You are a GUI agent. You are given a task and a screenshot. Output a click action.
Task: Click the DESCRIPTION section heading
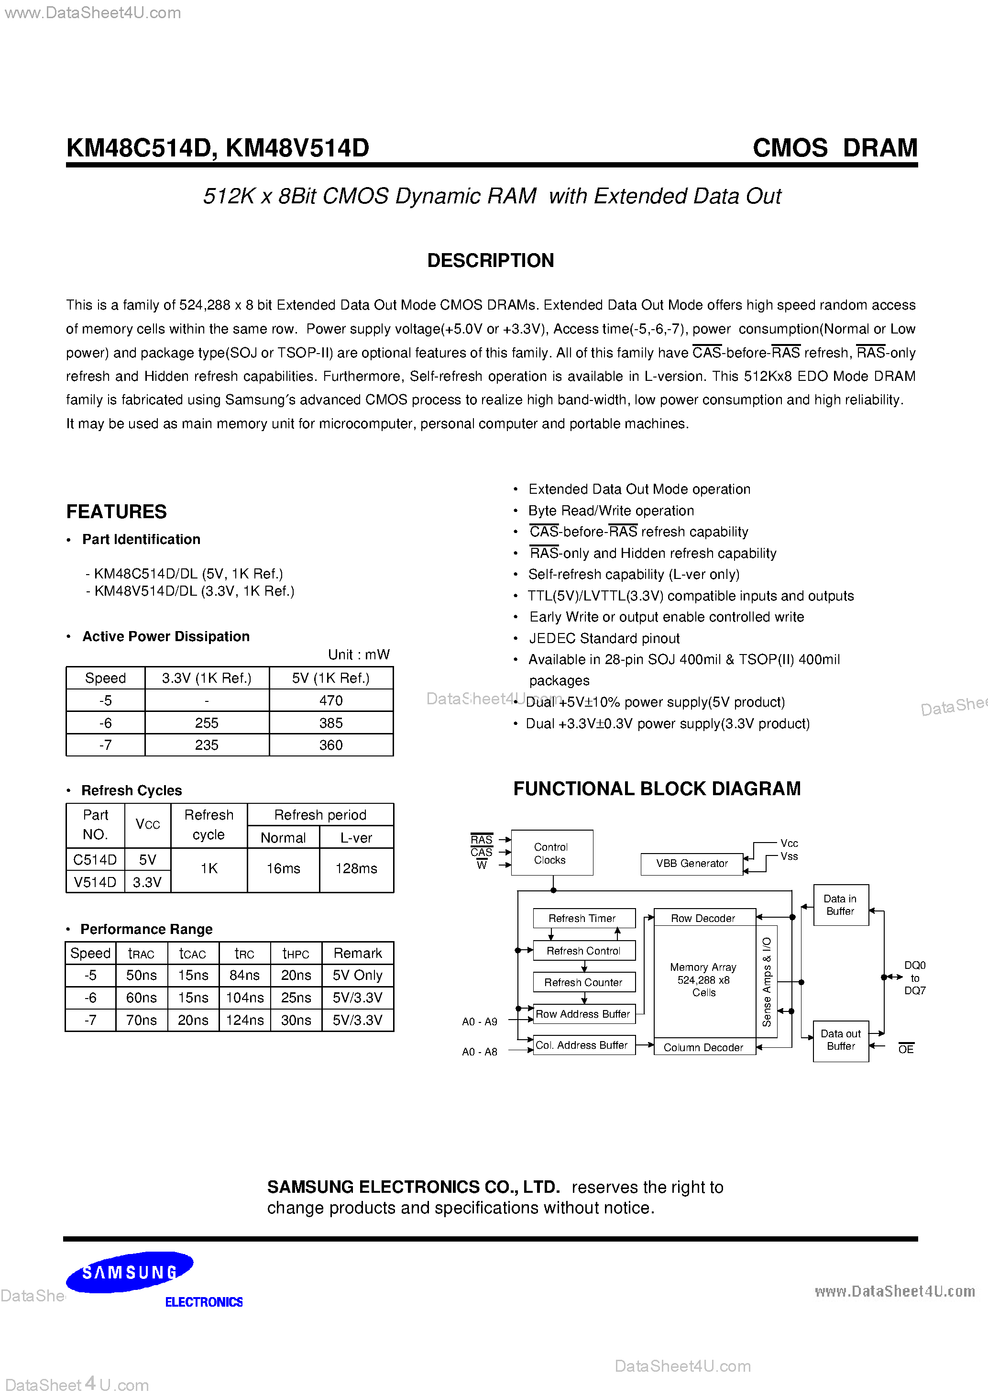pos(490,261)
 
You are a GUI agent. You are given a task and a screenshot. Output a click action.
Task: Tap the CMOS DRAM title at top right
pos(834,148)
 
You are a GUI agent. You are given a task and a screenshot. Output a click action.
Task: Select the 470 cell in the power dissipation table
pos(331,701)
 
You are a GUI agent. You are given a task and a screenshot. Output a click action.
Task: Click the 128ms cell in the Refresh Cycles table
pos(356,868)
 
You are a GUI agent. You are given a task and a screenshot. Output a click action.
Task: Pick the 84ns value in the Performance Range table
pos(244,976)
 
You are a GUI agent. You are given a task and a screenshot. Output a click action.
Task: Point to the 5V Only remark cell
pos(358,976)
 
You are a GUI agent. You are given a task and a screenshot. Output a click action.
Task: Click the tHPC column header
pos(296,954)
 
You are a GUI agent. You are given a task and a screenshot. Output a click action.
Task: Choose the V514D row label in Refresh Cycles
pos(95,882)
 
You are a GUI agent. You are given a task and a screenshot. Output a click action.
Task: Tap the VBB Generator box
pos(692,864)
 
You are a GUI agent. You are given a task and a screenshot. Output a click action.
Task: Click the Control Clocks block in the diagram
pos(551,853)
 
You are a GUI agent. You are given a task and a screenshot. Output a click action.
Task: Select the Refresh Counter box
pos(583,982)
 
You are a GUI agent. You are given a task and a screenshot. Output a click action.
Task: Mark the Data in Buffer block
pos(841,905)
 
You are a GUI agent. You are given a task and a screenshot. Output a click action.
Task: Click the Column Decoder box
pos(703,1047)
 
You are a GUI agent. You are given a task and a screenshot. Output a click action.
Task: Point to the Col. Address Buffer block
pos(583,1045)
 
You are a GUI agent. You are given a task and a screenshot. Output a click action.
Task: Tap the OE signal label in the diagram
pos(906,1049)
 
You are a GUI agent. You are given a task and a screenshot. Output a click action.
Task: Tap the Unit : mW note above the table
pos(359,655)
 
